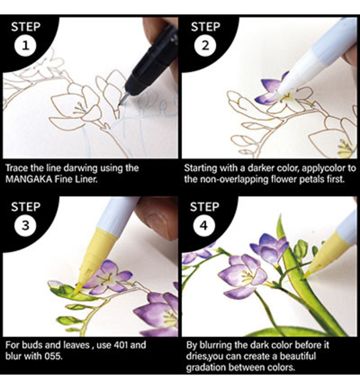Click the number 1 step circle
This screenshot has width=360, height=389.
pyautogui.click(x=26, y=46)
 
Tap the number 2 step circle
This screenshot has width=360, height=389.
pyautogui.click(x=205, y=46)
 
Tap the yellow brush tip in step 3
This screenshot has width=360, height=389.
pyautogui.click(x=78, y=289)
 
